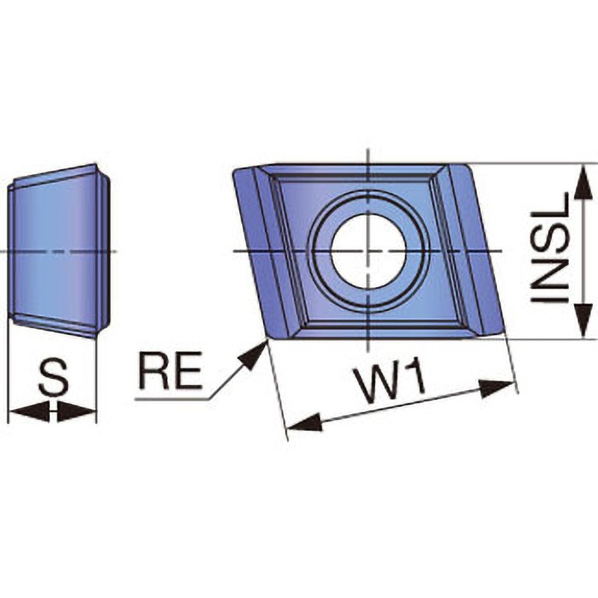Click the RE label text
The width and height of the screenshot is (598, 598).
tap(170, 370)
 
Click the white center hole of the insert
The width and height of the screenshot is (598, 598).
tap(369, 250)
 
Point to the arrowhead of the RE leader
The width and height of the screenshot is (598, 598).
tap(253, 354)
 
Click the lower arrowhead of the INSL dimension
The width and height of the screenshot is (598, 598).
tap(582, 319)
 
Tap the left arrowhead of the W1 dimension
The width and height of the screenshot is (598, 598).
tap(304, 422)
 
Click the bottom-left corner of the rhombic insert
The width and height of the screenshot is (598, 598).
tap(268, 338)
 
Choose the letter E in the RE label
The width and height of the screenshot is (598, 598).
tap(188, 370)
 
